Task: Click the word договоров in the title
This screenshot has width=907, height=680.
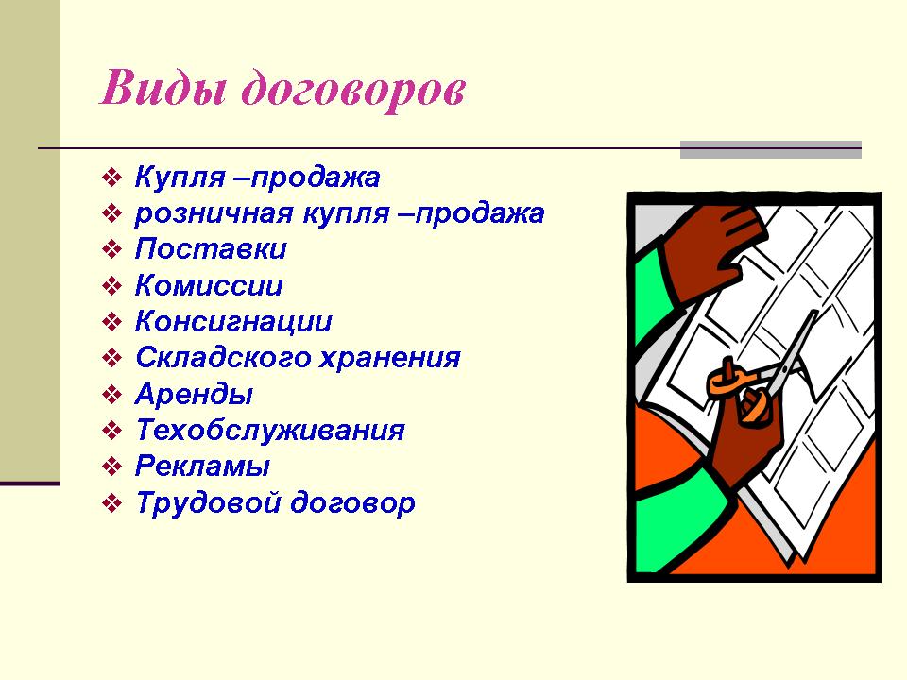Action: click(x=353, y=91)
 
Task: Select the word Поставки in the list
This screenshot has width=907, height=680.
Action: click(x=211, y=249)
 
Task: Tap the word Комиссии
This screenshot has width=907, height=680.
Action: click(x=209, y=285)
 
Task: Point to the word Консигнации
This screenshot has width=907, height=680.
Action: click(x=233, y=322)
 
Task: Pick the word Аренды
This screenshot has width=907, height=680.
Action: click(x=194, y=395)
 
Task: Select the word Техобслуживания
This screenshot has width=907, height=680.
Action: click(x=270, y=431)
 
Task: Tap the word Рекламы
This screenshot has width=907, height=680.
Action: click(x=202, y=467)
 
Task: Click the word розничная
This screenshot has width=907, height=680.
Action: click(x=214, y=214)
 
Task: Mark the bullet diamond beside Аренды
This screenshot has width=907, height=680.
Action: click(x=111, y=395)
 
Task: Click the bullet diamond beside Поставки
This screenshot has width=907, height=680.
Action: click(x=111, y=249)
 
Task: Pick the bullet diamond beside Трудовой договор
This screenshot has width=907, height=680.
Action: click(x=111, y=503)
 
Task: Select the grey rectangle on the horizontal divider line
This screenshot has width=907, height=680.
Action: click(x=771, y=149)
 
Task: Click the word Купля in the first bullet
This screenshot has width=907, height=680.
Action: click(x=180, y=178)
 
